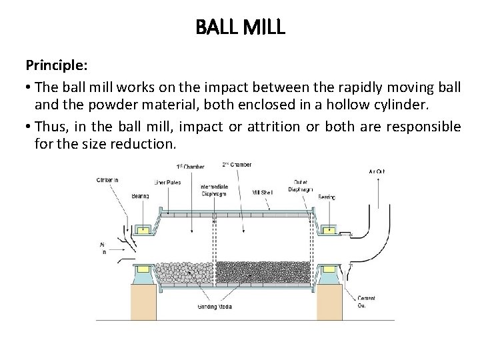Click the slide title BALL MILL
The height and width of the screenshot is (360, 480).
coord(240,27)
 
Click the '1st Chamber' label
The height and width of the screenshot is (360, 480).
coord(189,165)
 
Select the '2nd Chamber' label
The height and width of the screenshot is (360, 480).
coord(237,164)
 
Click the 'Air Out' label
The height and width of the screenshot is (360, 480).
coord(377,171)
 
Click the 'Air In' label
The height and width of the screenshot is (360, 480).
coord(103,248)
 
